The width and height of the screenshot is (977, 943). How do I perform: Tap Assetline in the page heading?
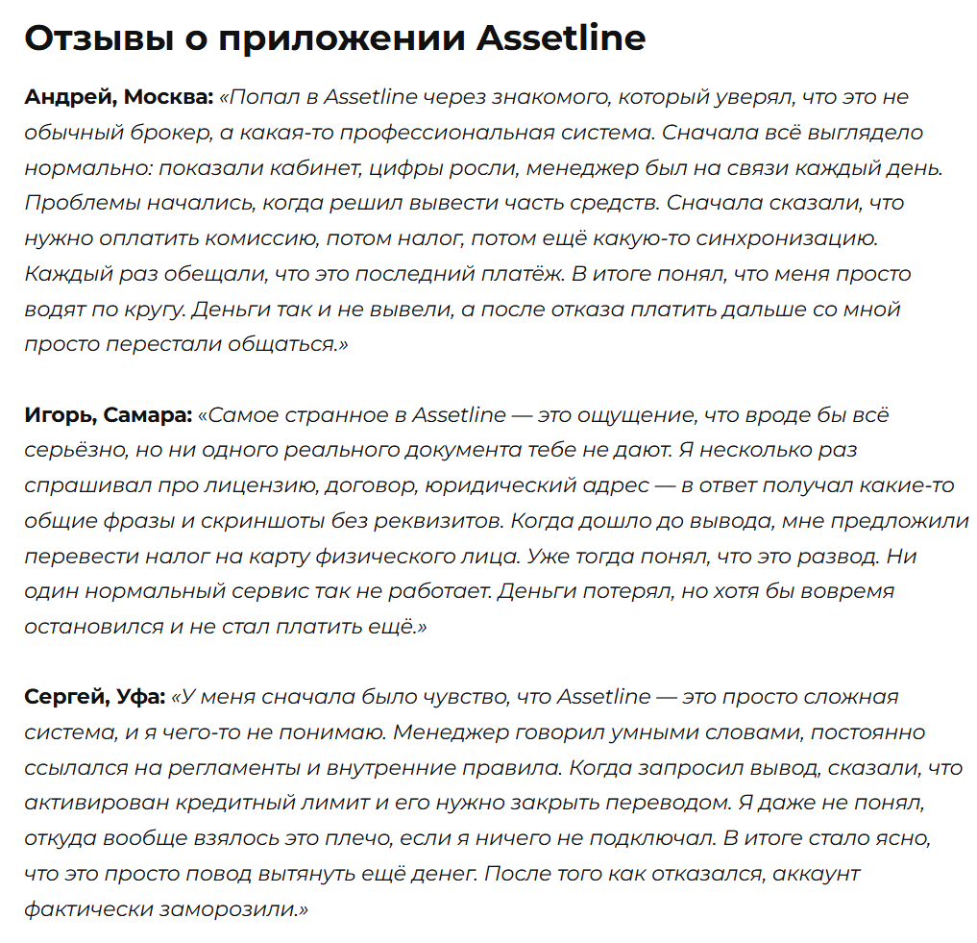561,38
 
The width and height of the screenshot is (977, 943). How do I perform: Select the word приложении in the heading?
342,38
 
